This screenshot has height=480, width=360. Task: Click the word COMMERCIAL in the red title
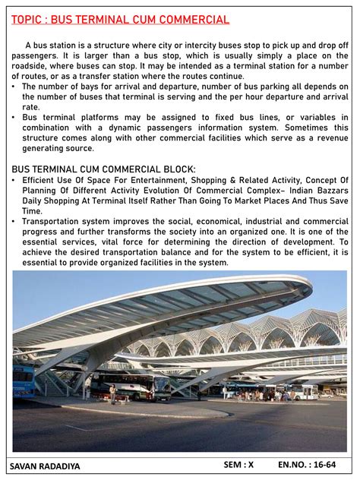point(193,20)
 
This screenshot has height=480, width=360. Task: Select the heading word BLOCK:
point(175,169)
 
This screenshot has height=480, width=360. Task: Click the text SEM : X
point(238,464)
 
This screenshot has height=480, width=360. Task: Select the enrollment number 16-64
point(327,464)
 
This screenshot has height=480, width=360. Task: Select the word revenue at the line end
point(329,138)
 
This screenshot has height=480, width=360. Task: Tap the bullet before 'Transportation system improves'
point(14,221)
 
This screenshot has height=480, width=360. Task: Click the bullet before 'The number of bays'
point(14,87)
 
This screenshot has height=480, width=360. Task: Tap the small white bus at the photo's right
point(305,392)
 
